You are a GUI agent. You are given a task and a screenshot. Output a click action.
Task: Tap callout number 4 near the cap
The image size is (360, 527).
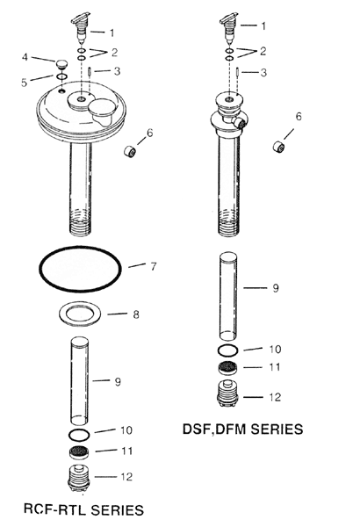[x=25, y=58]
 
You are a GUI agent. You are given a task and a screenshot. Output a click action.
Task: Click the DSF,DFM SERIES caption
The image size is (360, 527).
[x=242, y=430]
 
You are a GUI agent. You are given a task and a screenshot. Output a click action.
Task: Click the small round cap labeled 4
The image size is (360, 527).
[x=61, y=63]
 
